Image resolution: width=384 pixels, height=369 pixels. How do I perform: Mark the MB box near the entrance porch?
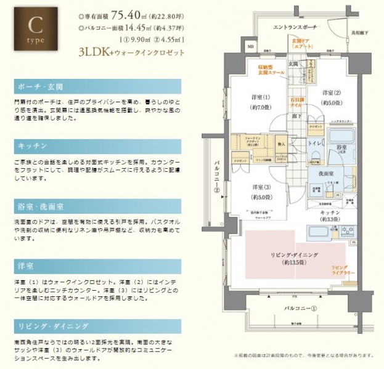tap(250, 46)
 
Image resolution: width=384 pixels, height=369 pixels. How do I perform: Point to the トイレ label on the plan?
tap(313, 143)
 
